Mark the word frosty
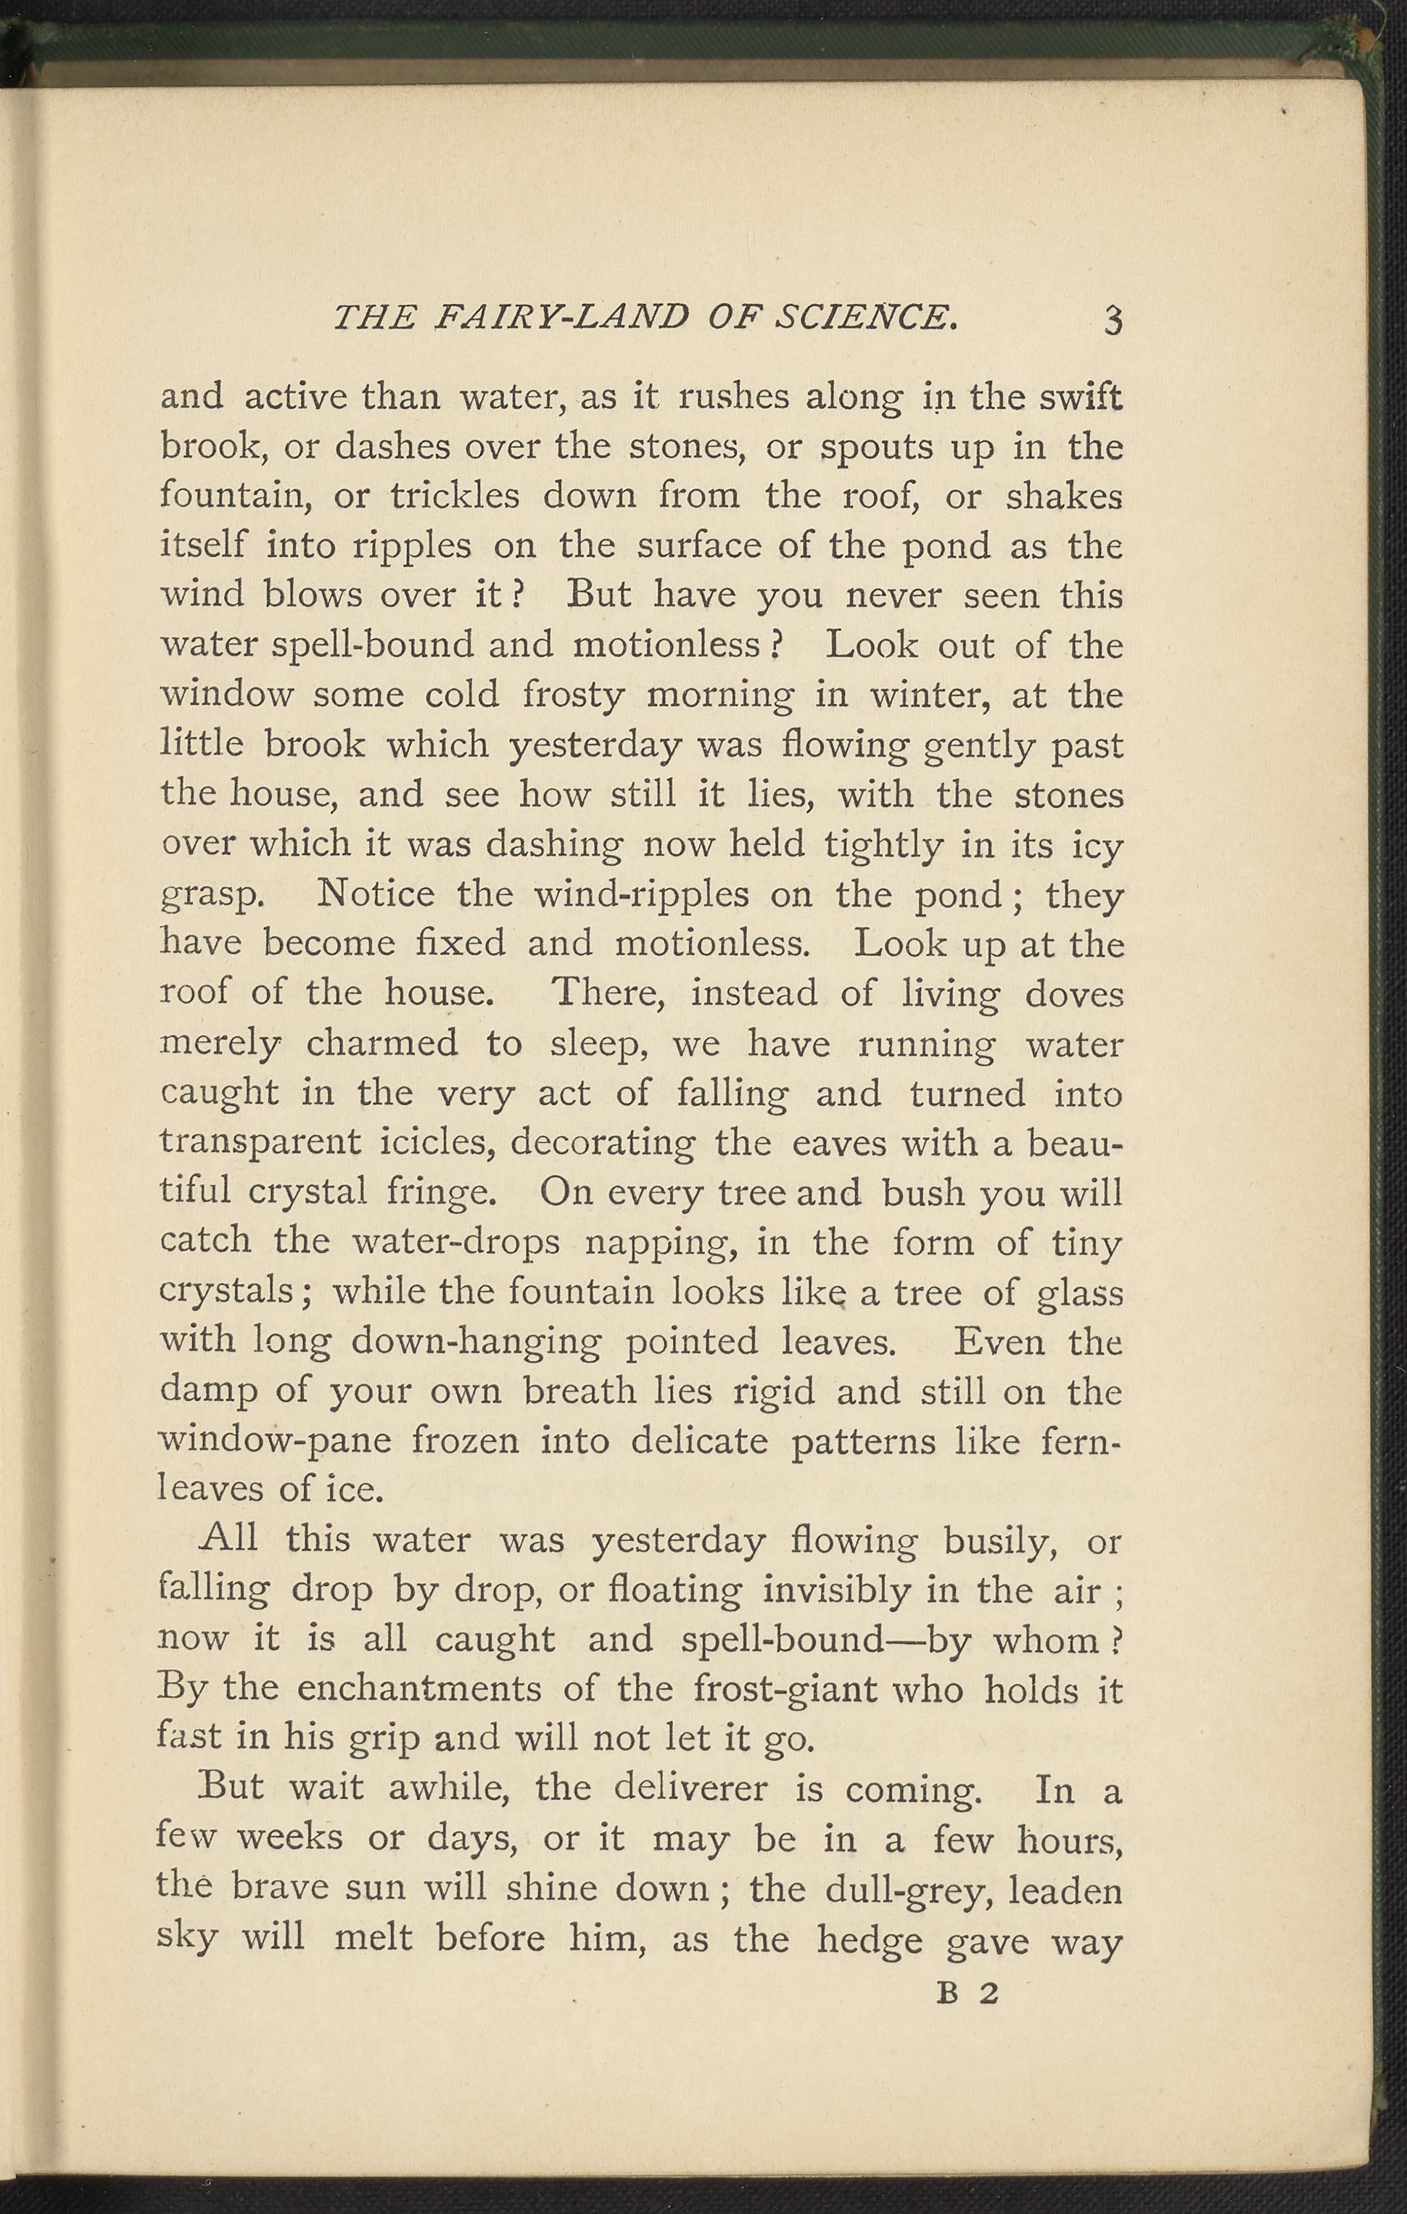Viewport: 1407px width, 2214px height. (573, 695)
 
